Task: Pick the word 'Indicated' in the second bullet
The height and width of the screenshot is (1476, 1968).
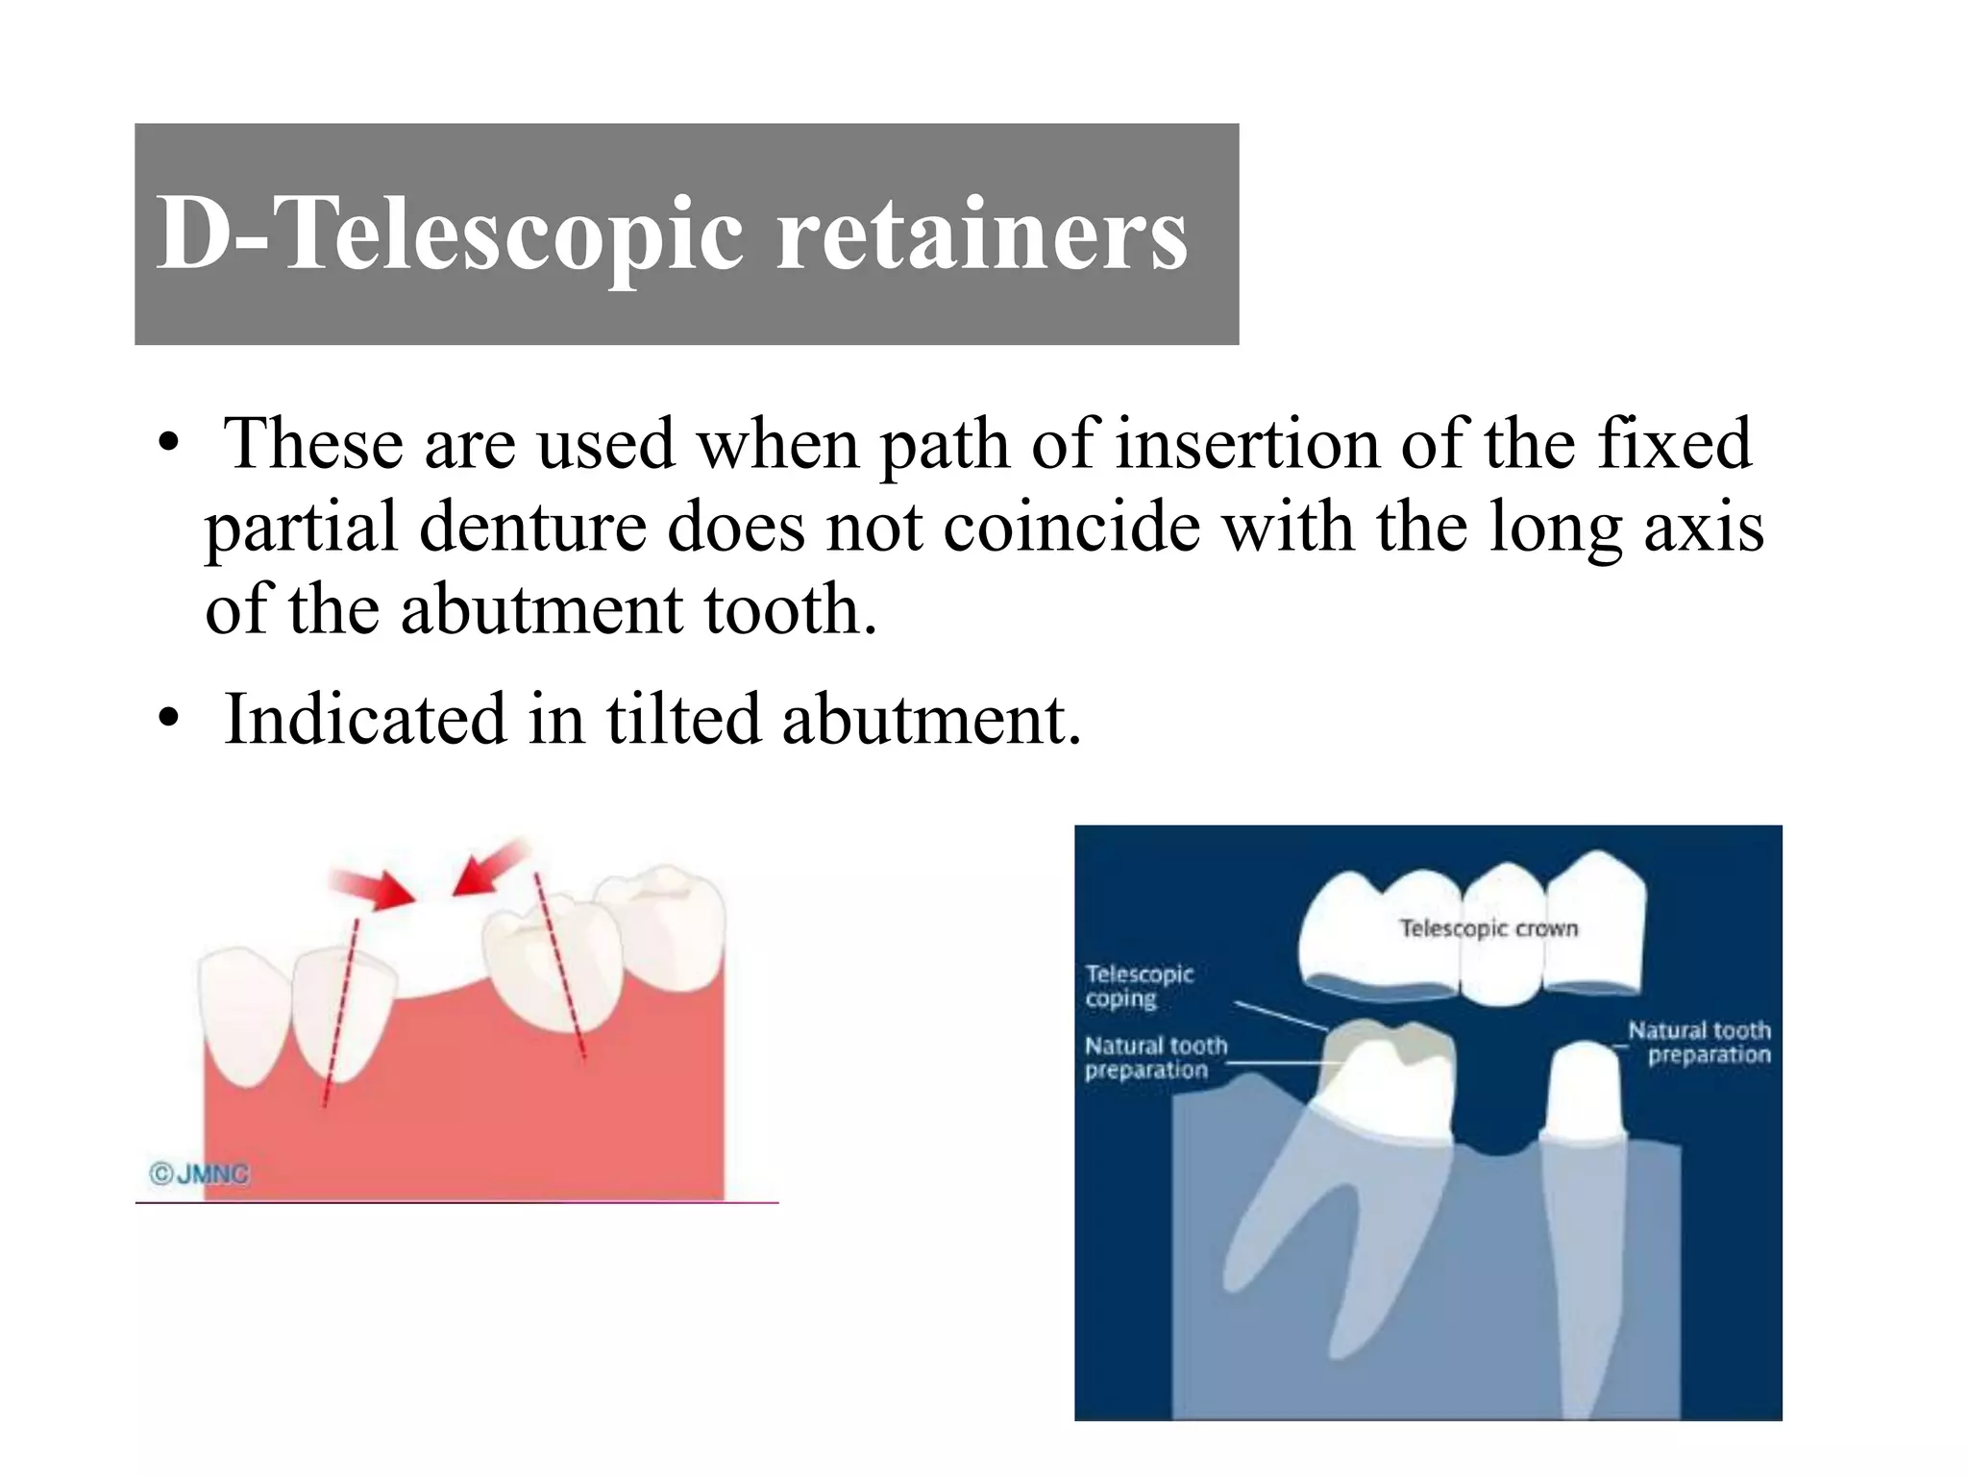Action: pos(364,719)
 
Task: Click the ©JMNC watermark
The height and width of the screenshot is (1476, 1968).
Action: pos(199,1173)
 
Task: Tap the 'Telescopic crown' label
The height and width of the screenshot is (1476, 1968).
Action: pos(1488,928)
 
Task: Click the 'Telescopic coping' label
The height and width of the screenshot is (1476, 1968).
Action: pos(1139,986)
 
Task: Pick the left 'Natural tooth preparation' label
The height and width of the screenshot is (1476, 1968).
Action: pos(1155,1057)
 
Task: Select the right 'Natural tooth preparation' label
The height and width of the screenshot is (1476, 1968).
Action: pos(1699,1042)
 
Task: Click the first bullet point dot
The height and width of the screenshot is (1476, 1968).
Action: pos(169,445)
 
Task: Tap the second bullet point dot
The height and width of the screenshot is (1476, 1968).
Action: pos(169,720)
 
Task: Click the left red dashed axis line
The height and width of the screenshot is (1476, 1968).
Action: pos(341,1009)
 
